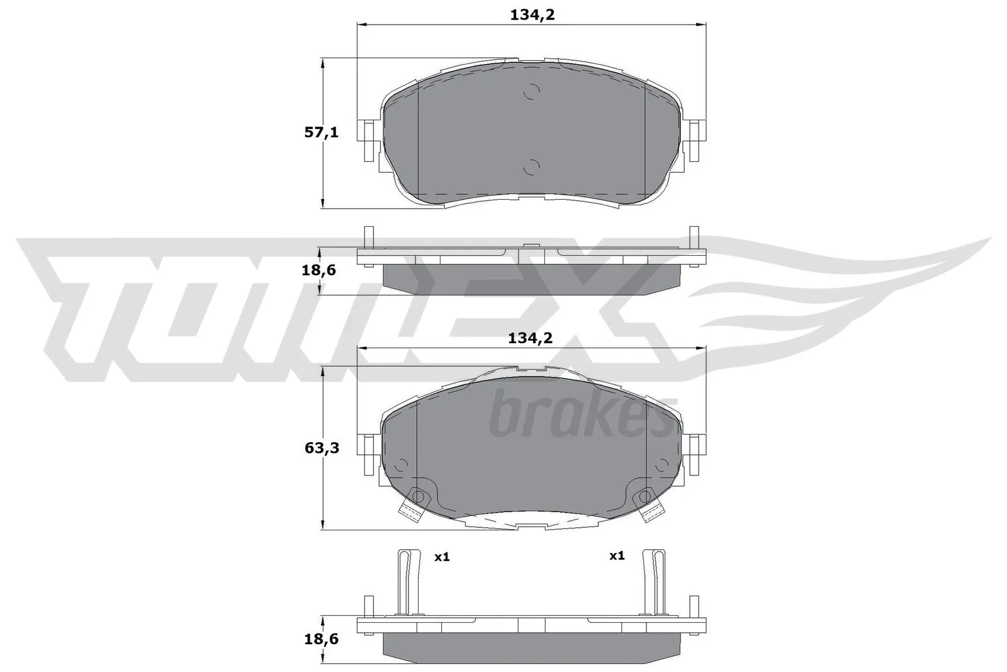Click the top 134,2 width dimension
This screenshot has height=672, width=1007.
(532, 15)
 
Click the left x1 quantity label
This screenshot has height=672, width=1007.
(442, 557)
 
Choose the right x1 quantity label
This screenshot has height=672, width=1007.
(617, 555)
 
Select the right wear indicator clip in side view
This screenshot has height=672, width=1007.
(656, 582)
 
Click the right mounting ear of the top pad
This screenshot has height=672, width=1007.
(696, 140)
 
